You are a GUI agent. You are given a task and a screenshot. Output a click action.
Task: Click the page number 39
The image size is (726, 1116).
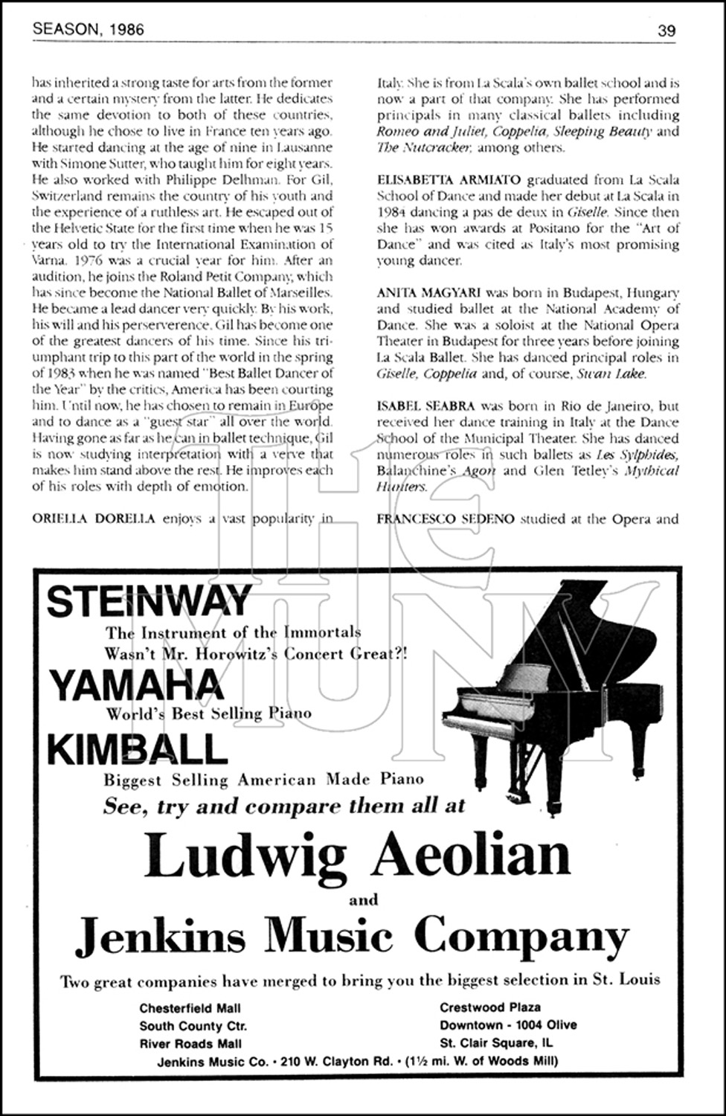[x=666, y=30]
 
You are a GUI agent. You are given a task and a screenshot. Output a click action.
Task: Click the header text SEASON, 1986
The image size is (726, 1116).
[x=89, y=30]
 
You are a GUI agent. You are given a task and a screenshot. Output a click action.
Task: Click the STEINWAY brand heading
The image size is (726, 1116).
[x=149, y=602]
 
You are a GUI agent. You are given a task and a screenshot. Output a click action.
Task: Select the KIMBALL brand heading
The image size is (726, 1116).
[x=137, y=749]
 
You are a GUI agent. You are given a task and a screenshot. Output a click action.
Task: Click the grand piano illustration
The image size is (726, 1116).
[x=543, y=692]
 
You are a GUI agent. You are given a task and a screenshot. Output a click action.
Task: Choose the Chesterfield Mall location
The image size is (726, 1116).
[x=190, y=1008]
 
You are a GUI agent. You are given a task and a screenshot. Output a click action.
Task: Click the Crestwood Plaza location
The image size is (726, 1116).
[x=489, y=1007]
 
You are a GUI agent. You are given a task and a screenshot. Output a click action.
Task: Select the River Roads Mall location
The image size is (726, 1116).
[x=190, y=1043]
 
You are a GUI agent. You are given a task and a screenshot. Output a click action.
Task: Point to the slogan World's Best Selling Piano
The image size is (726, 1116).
[x=208, y=713]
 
